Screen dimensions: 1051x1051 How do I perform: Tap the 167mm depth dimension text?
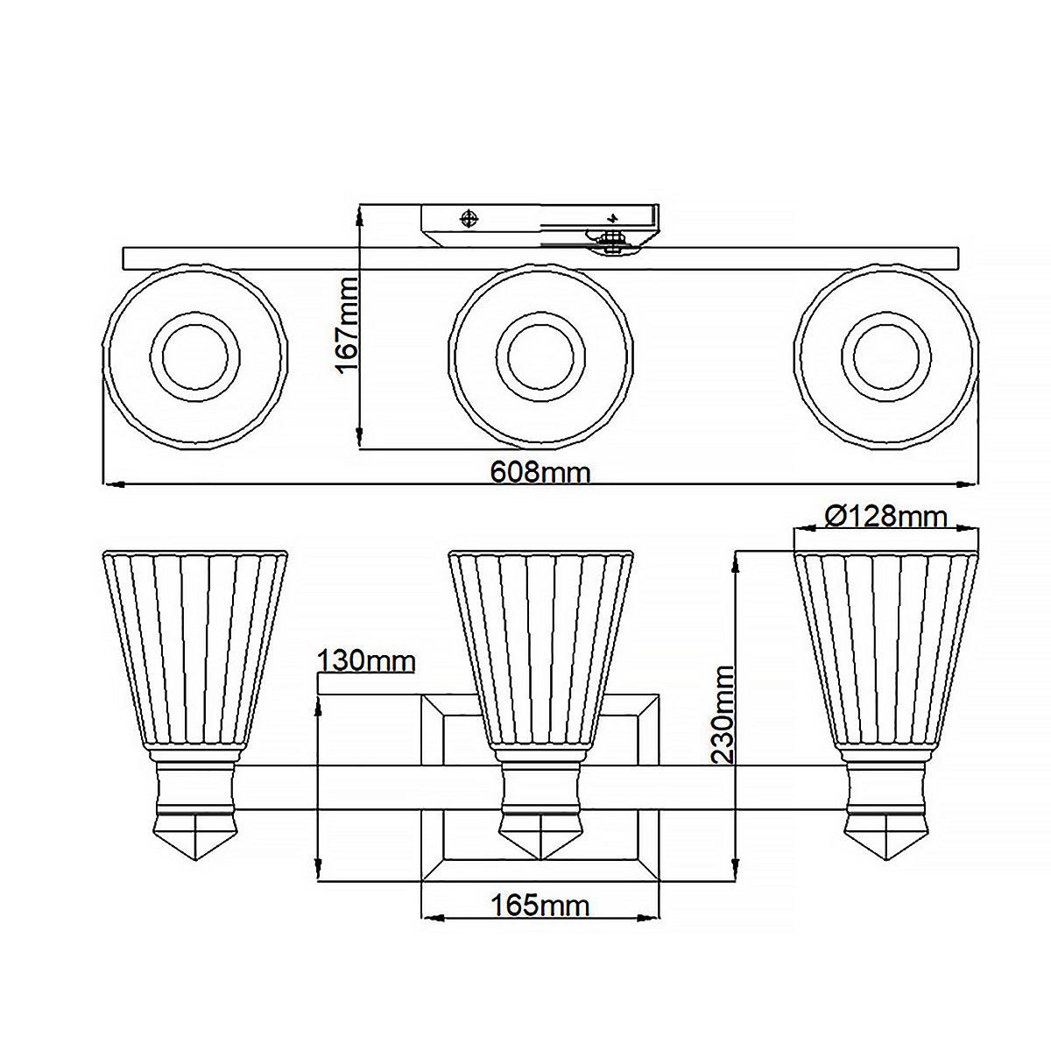348,324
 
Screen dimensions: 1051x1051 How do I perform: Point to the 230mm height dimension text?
723,714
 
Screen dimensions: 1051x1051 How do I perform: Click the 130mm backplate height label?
365,660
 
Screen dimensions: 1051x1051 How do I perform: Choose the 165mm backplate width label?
540,905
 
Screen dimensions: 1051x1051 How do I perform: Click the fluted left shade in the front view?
194,648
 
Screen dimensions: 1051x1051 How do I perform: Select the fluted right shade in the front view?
885,648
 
